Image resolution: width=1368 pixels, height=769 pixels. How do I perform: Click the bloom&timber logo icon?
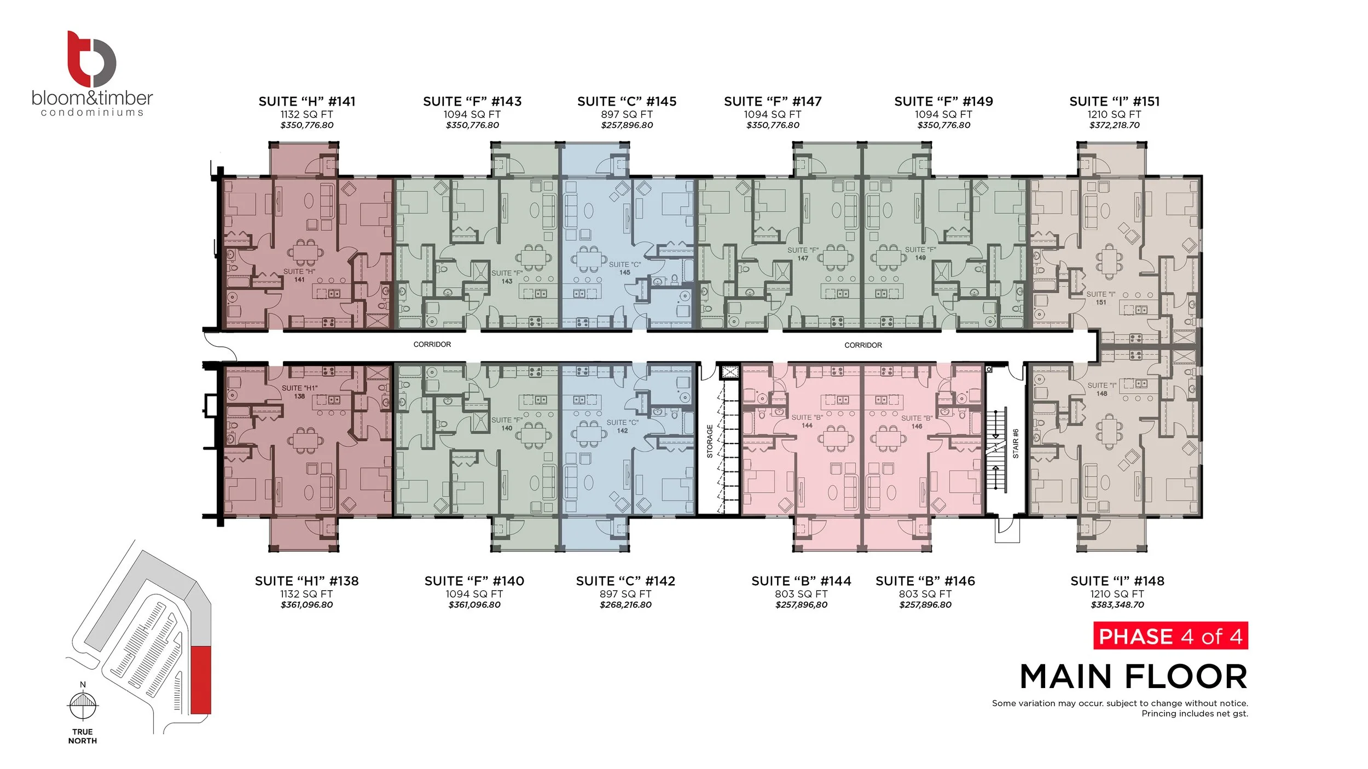91,59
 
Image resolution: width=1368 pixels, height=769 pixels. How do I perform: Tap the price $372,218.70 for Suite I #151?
1114,125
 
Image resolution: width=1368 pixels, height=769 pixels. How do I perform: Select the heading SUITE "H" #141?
307,101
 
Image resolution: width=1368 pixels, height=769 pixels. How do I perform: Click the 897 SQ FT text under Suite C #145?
627,114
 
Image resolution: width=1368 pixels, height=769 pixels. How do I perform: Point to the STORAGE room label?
710,441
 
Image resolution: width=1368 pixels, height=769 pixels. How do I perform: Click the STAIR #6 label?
1016,444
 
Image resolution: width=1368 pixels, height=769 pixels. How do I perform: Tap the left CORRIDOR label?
432,345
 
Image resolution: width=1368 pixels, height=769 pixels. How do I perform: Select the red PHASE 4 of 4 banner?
1170,636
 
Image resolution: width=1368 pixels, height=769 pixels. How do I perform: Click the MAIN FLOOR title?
1134,677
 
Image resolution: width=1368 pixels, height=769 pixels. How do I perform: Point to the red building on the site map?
201,680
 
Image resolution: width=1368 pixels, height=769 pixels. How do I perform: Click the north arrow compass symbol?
83,706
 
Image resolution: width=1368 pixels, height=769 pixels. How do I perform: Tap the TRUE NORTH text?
83,736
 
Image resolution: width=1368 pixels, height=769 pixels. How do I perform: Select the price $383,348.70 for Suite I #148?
1117,605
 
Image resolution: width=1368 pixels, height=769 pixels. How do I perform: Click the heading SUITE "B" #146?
925,581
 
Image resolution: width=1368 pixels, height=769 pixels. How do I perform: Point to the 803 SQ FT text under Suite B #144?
801,594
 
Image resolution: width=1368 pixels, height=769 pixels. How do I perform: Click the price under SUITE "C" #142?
625,605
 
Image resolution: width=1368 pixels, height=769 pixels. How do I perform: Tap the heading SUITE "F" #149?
943,101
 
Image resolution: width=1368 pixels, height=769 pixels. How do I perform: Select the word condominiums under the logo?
92,112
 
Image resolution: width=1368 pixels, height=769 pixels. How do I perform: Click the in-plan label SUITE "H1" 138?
299,392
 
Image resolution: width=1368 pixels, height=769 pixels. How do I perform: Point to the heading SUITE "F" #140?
474,581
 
